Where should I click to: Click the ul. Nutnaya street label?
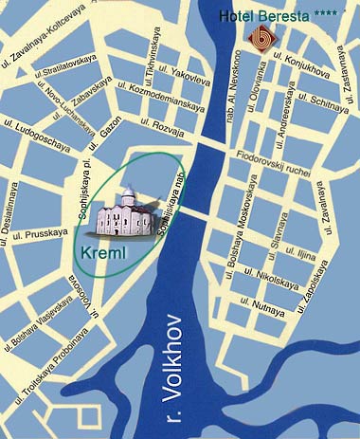tap(268, 306)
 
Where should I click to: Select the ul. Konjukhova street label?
tap(297, 66)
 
